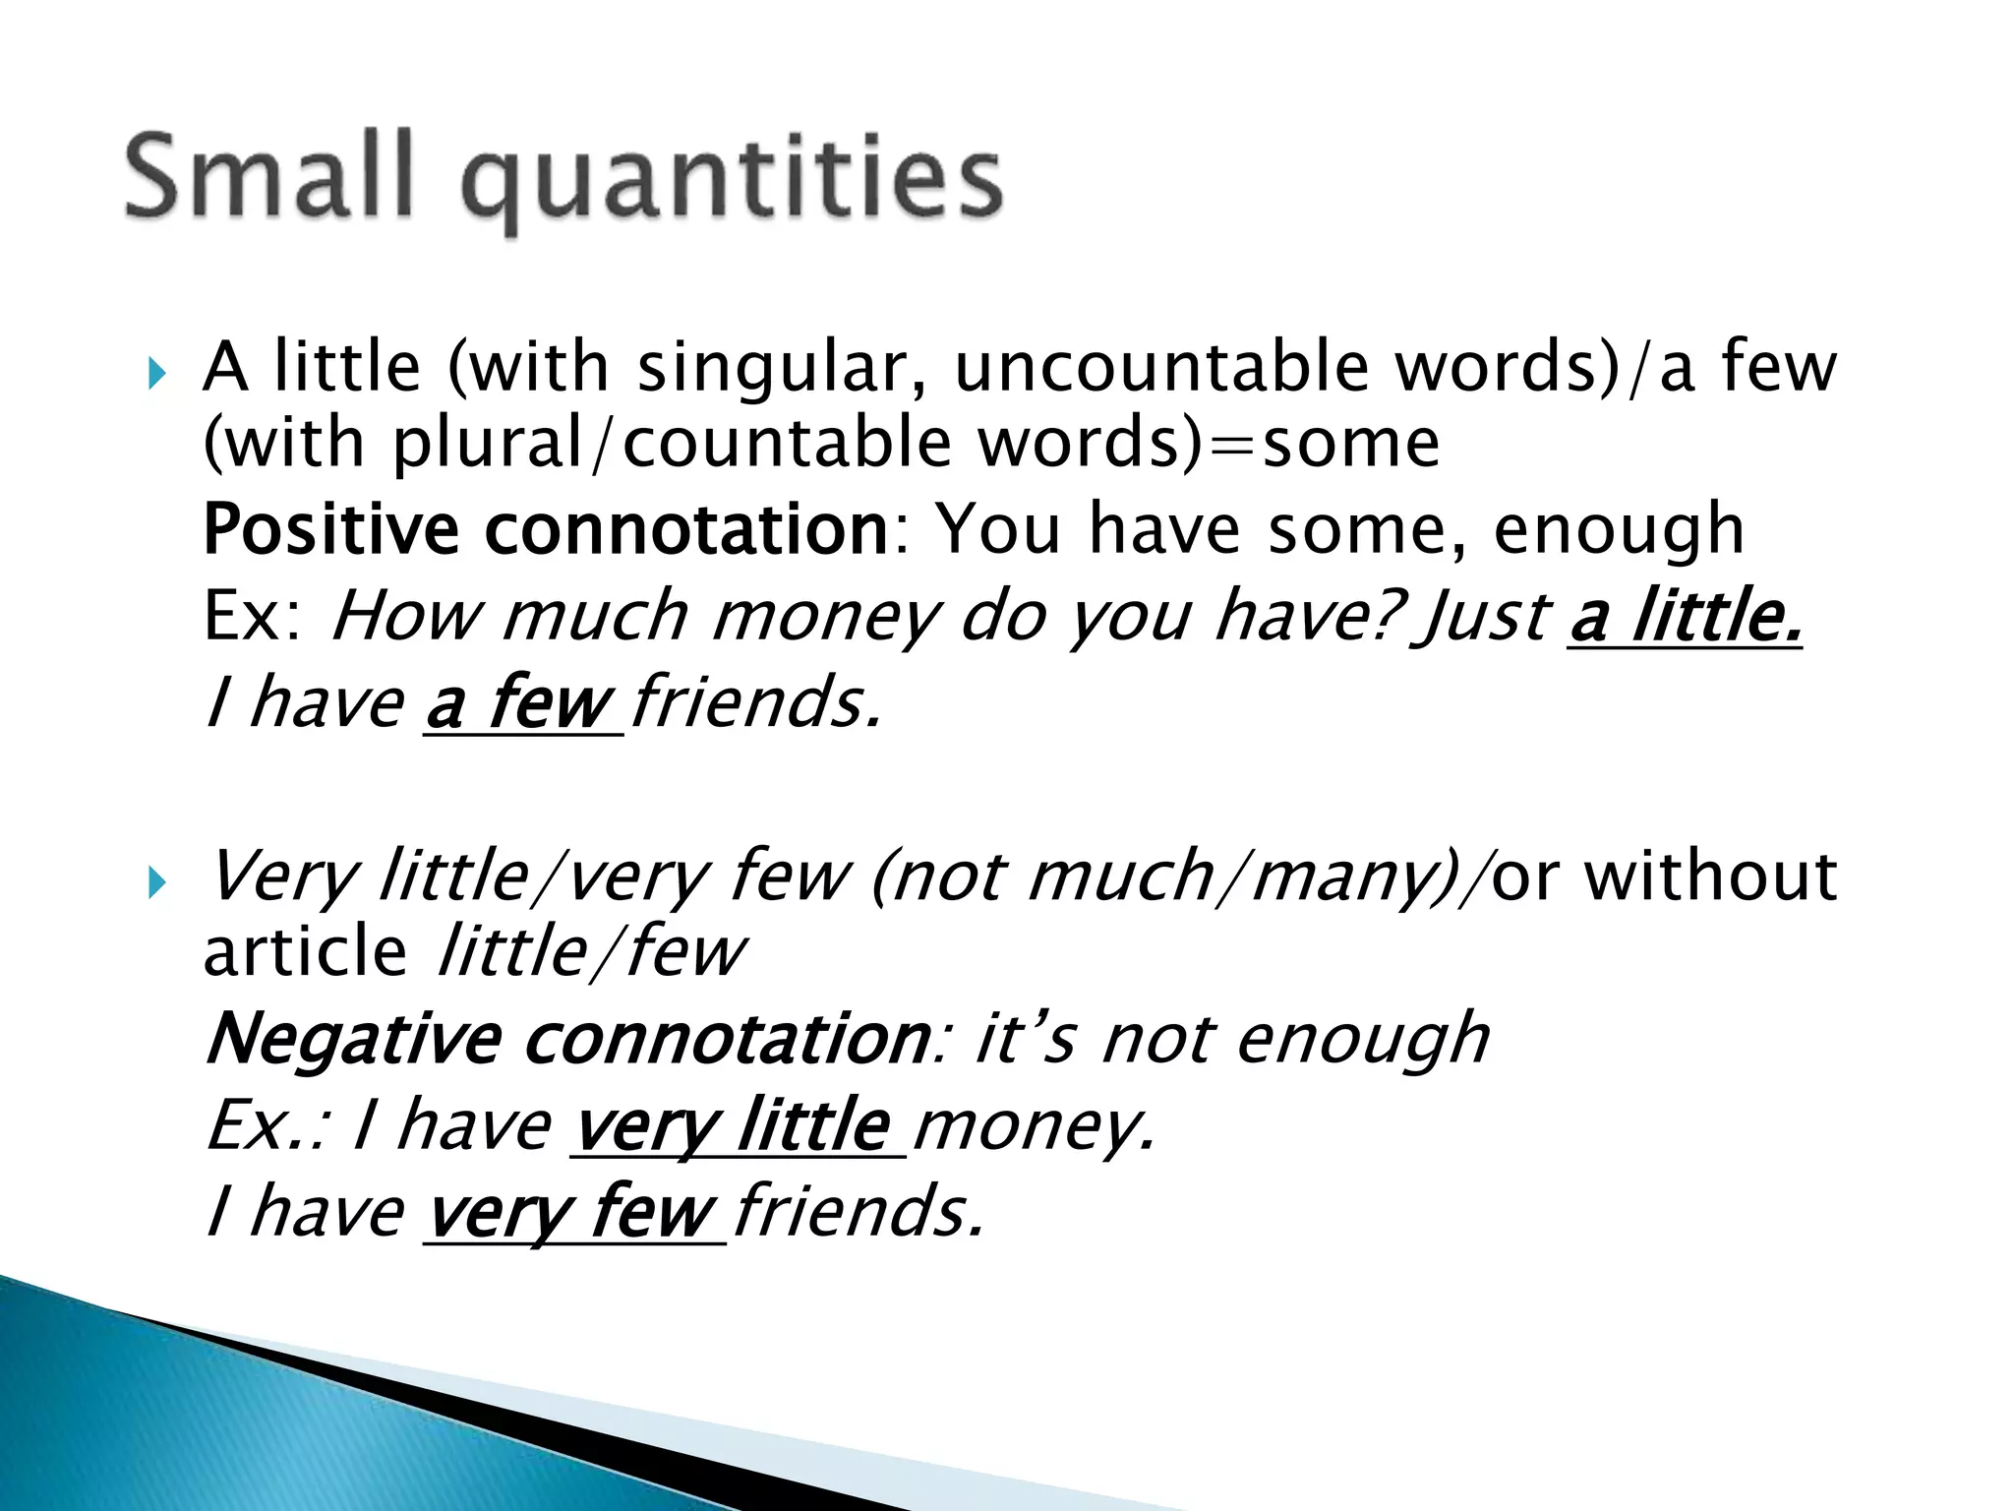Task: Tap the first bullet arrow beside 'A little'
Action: pyautogui.click(x=156, y=374)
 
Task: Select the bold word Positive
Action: pyautogui.click(x=330, y=530)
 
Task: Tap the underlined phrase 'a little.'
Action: pyautogui.click(x=1686, y=618)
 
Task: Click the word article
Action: pyautogui.click(x=305, y=952)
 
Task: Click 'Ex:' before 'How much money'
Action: pyautogui.click(x=253, y=618)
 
